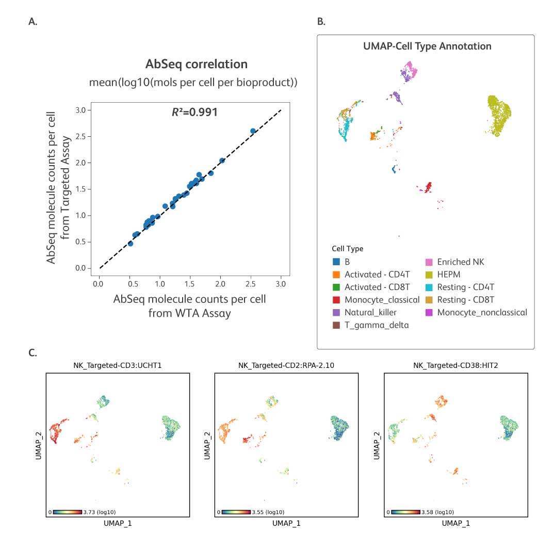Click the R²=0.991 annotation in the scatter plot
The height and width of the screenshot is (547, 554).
point(194,111)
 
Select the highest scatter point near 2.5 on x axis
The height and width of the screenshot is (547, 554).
point(253,131)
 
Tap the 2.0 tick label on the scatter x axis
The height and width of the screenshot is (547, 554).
point(220,283)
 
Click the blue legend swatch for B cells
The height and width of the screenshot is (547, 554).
point(336,262)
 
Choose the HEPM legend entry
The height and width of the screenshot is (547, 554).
point(450,275)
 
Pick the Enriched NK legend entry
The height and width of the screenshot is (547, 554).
point(460,262)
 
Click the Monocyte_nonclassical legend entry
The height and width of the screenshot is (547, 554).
point(481,312)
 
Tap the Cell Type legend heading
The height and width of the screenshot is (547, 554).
point(347,249)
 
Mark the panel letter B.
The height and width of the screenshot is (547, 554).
point(321,22)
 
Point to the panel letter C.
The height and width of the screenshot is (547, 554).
point(32,353)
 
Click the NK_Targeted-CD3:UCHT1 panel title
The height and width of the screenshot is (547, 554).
point(118,365)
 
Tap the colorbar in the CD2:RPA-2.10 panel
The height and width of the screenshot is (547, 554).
point(235,512)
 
